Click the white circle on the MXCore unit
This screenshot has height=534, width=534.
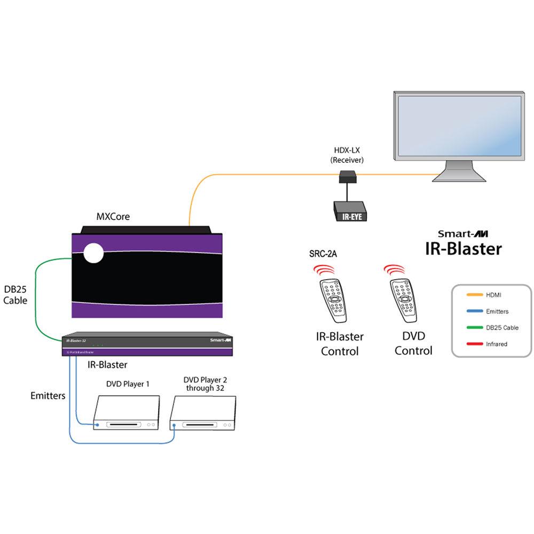click(92, 253)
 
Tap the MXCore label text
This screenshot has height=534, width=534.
click(113, 217)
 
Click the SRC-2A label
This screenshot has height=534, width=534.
click(323, 254)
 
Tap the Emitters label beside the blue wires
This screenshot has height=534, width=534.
click(48, 396)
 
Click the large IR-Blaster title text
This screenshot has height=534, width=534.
click(463, 249)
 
